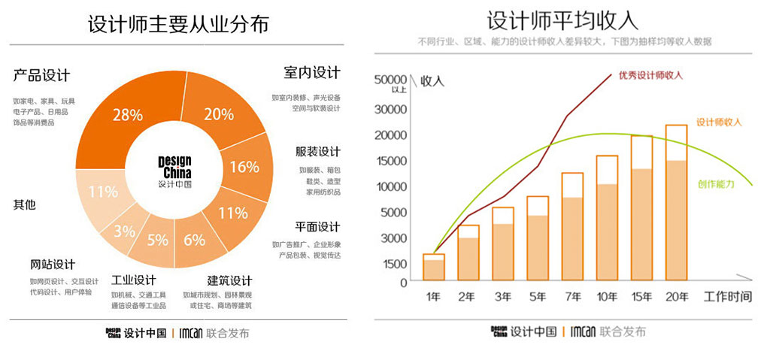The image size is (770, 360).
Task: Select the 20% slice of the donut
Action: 218,114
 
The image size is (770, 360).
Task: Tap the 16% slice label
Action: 244,167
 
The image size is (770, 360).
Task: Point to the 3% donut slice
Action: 125,231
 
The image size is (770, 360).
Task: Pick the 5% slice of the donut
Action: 157,241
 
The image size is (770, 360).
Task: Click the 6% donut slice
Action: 195,241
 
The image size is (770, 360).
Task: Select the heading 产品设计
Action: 41,75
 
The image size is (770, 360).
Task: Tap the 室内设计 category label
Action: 311,73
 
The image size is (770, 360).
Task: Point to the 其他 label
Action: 25,204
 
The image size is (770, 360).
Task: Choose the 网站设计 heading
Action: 53,265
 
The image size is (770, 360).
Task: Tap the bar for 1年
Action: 434,268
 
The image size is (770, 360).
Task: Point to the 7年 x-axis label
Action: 572,297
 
